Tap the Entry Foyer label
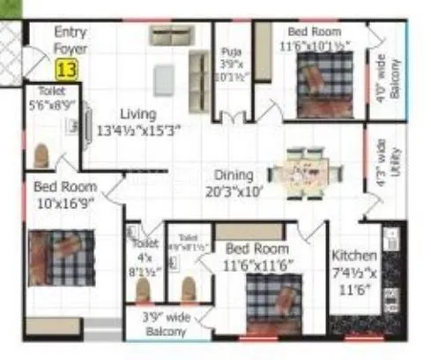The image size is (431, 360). pos(70,41)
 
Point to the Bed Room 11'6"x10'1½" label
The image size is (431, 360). pos(314,37)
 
